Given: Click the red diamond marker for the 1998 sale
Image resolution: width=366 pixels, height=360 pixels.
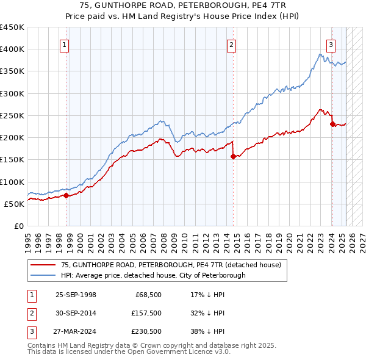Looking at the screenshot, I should tap(66, 195).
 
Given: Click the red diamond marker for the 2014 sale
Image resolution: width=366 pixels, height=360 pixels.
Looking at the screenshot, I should tap(233, 156).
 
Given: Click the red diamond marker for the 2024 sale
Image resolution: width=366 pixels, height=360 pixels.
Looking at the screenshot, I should tap(332, 124).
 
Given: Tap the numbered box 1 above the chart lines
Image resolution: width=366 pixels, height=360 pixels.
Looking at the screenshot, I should tap(64, 44).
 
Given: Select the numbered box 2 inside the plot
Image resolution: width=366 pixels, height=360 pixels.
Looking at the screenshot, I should tap(232, 44).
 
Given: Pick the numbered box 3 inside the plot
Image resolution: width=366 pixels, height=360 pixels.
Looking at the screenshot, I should tap(330, 44).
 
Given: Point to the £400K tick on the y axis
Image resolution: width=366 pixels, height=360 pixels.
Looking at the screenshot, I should tap(12, 49).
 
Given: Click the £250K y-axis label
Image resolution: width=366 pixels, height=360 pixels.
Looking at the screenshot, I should tap(12, 115).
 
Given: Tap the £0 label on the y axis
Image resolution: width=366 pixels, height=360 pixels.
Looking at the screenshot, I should tap(18, 226).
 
